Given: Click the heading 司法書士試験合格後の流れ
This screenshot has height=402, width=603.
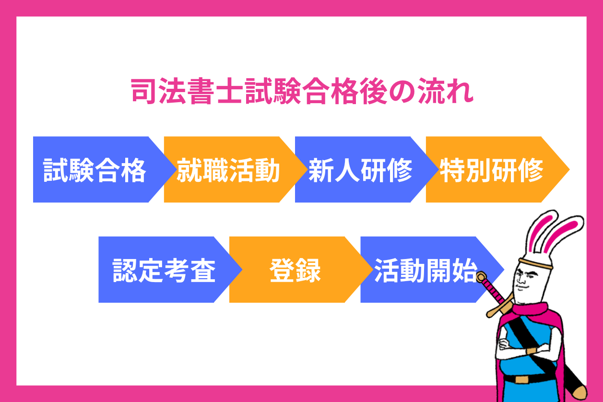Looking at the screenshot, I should tap(302, 93).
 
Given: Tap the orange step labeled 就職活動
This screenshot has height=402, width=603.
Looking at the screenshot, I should tap(228, 169).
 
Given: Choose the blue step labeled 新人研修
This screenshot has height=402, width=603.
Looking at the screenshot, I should tap(360, 169).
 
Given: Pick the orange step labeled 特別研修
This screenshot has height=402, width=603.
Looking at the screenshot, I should tap(491, 169).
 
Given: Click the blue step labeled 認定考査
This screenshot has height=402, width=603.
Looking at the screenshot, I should tap(164, 270).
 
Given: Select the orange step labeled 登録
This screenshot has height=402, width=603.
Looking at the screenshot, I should tap(295, 270).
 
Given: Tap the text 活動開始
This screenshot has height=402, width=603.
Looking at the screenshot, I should tap(425, 270).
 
